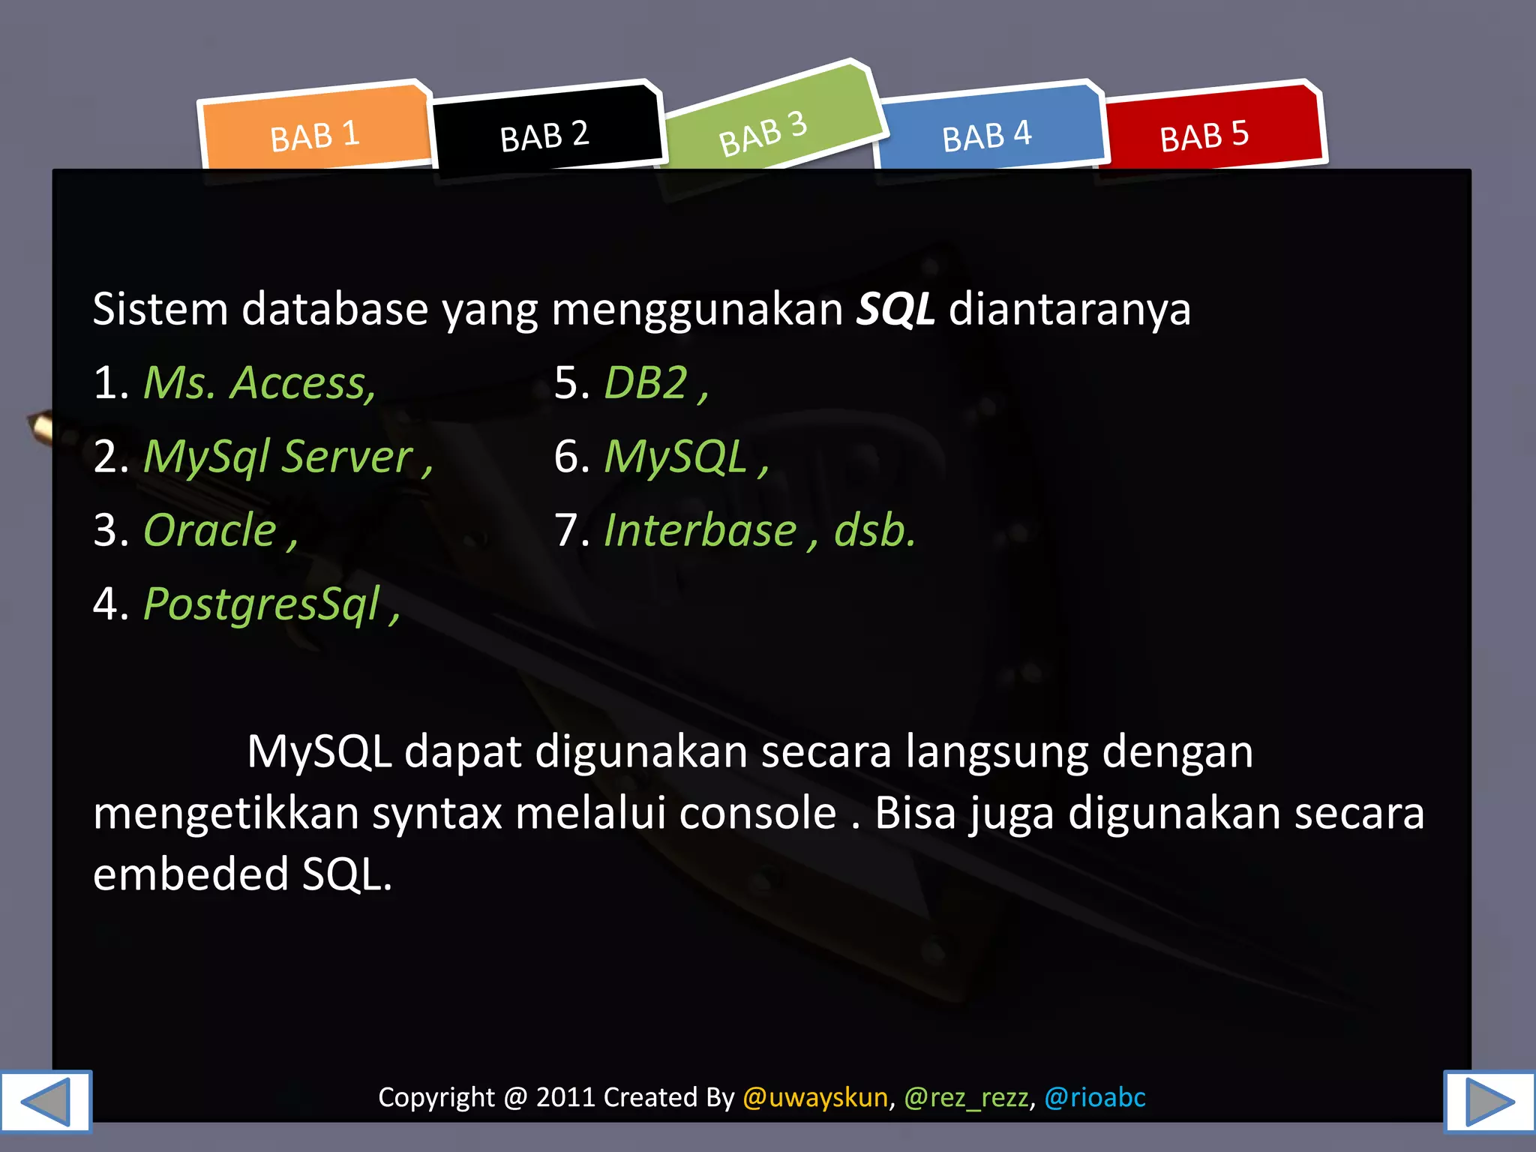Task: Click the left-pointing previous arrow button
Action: (x=46, y=1102)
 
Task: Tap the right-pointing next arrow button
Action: (x=1489, y=1102)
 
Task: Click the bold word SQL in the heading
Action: (x=895, y=310)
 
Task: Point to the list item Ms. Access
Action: (x=259, y=383)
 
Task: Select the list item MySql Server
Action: (x=278, y=457)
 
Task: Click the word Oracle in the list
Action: (x=210, y=530)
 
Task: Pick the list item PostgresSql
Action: (x=262, y=604)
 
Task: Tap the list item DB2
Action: (x=646, y=383)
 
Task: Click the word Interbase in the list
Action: (x=700, y=530)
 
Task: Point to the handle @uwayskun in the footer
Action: (x=815, y=1097)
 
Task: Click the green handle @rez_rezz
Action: (x=966, y=1097)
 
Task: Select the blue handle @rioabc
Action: (x=1095, y=1097)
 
